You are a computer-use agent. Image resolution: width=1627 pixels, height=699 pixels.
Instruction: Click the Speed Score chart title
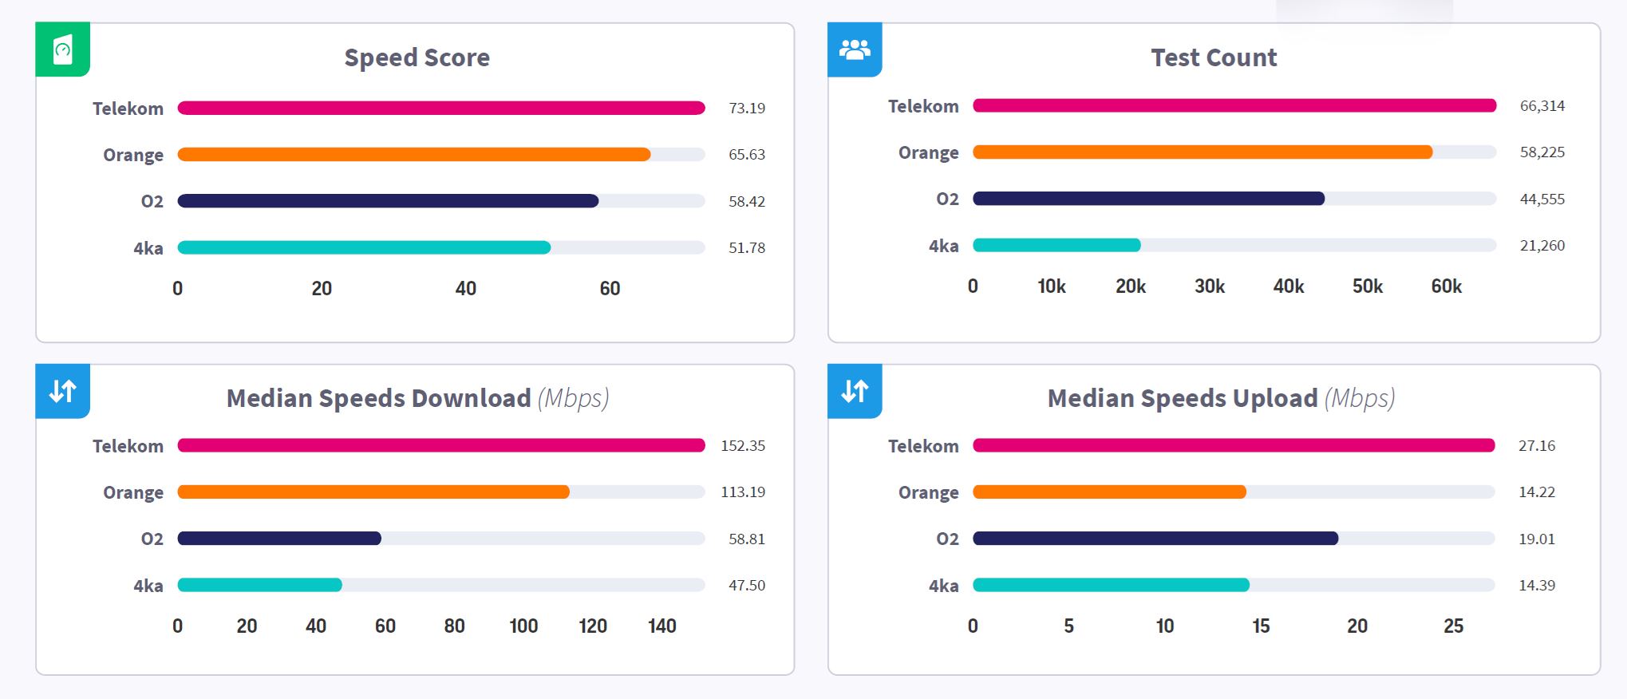coord(417,57)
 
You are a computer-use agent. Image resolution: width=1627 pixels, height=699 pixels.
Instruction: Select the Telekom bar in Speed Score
coord(440,108)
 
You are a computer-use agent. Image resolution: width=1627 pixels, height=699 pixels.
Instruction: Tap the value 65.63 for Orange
coord(746,155)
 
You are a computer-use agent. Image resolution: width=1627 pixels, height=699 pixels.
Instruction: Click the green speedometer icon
coord(63,49)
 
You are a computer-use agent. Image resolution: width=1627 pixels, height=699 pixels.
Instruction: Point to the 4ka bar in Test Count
coord(1056,245)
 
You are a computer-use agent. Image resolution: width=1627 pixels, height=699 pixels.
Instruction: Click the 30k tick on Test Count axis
coord(1209,286)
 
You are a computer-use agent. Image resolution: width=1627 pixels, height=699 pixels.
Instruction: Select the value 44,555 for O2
coord(1542,199)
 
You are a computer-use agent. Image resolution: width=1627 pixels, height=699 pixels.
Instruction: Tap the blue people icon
coord(855,49)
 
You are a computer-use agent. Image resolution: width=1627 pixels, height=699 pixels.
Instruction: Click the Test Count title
coord(1213,57)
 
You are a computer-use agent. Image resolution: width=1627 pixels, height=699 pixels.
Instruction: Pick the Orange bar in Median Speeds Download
coord(373,492)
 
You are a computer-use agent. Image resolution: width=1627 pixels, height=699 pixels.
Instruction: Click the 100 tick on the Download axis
coord(523,626)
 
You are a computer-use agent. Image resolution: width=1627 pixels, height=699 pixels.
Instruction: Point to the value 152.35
coord(742,446)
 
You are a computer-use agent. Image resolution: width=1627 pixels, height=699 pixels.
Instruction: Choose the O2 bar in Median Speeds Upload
coord(1155,539)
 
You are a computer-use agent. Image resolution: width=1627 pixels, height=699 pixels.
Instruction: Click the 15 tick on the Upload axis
coord(1261,626)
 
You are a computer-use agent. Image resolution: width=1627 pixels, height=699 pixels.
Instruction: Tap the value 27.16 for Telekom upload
coord(1536,446)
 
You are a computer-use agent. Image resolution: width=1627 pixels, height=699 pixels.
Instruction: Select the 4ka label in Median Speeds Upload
coord(943,586)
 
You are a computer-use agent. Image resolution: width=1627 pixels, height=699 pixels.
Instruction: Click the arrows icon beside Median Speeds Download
coord(63,391)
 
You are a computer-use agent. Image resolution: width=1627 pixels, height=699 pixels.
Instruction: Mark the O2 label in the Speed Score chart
coord(152,202)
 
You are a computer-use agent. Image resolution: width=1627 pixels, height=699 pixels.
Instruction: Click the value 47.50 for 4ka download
coord(746,586)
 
